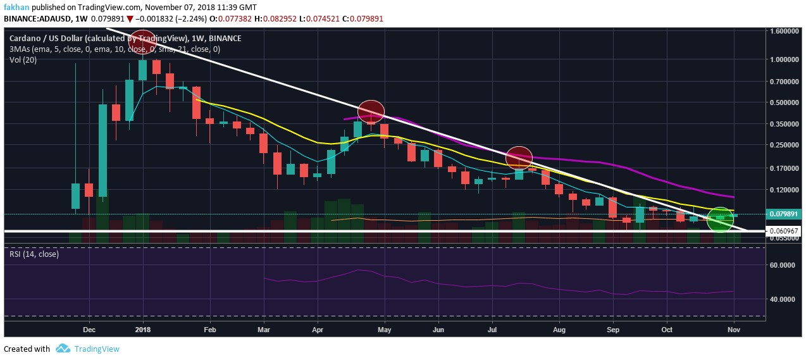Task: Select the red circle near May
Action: pos(371,112)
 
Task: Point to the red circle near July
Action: pos(519,157)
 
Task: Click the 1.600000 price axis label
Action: pos(783,31)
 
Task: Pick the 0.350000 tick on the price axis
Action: pos(783,124)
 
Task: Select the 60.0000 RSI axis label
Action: pos(783,264)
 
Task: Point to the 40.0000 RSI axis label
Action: pos(783,299)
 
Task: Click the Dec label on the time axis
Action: pos(89,330)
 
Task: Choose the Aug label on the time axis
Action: pos(559,330)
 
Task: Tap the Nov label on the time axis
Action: pos(734,330)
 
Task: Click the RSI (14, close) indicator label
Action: pos(34,254)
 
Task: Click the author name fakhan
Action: pos(15,6)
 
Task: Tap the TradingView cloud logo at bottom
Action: pos(63,349)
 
